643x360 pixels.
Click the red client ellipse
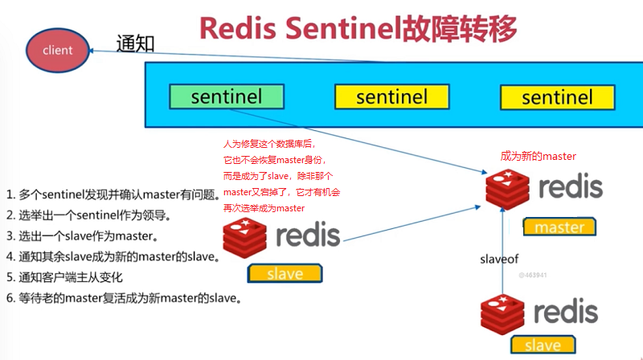[x=57, y=50]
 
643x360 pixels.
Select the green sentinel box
[x=227, y=96]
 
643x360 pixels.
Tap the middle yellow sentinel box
[x=391, y=97]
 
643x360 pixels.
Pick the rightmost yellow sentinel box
[x=556, y=97]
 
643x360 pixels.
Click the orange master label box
[x=559, y=227]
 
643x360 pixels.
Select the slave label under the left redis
[x=285, y=273]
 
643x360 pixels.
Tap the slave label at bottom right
[x=543, y=344]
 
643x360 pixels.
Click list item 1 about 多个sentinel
[x=113, y=194]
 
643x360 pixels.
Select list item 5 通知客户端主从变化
[x=81, y=278]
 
